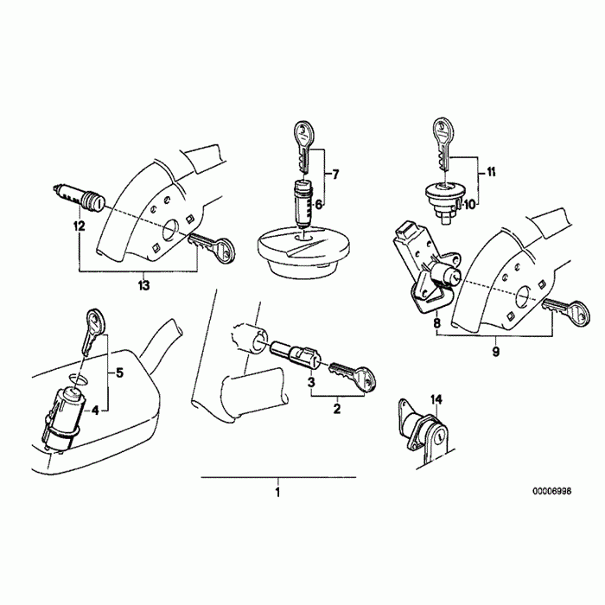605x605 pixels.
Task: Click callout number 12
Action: pyautogui.click(x=80, y=226)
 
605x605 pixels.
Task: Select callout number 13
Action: pyautogui.click(x=143, y=283)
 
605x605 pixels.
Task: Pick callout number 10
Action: pyautogui.click(x=469, y=205)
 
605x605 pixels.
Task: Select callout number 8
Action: pyautogui.click(x=437, y=322)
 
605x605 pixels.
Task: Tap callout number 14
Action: pyautogui.click(x=436, y=399)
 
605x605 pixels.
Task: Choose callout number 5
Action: pyautogui.click(x=120, y=373)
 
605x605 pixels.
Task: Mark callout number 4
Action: pyautogui.click(x=95, y=409)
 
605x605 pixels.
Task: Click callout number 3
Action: pyautogui.click(x=310, y=382)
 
